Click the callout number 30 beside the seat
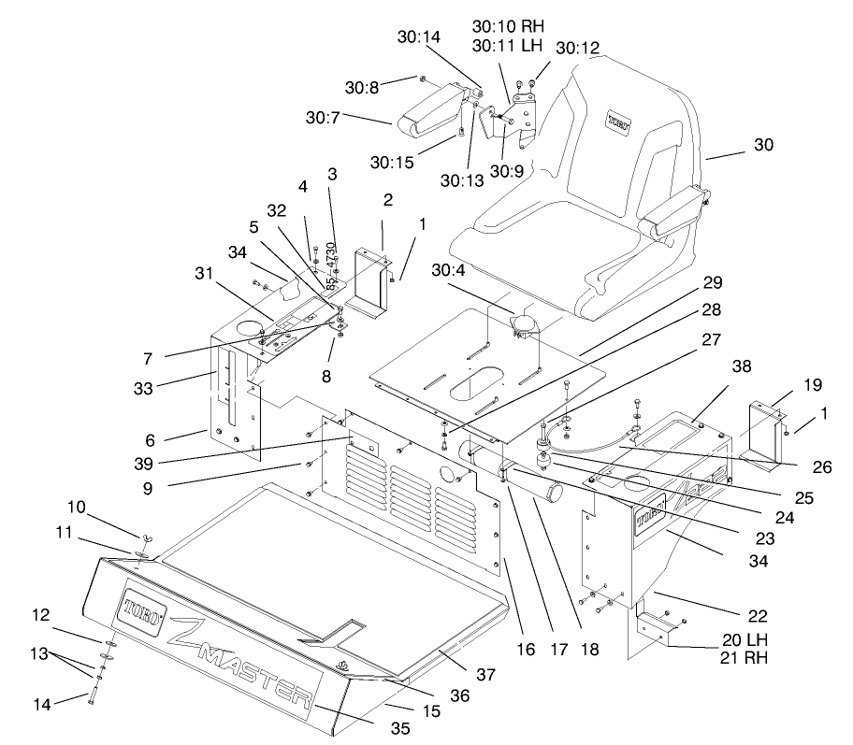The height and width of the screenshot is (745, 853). tap(764, 146)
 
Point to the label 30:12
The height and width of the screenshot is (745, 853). tap(577, 47)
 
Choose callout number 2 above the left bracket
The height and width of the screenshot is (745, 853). tap(386, 200)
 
